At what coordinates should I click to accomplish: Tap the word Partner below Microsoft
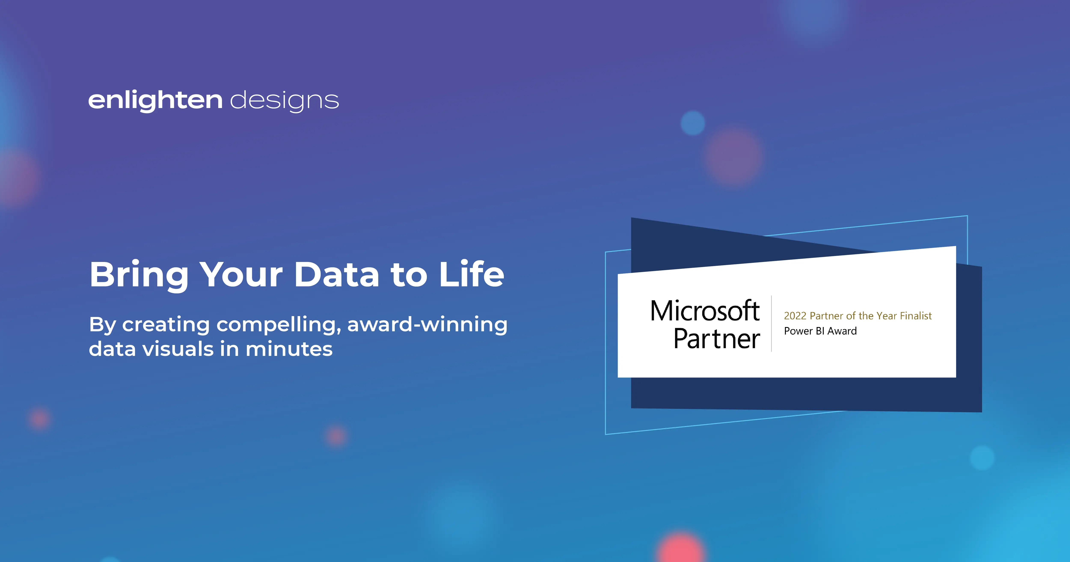pyautogui.click(x=717, y=339)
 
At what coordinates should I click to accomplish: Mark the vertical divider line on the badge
pyautogui.click(x=771, y=324)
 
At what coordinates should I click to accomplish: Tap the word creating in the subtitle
pyautogui.click(x=166, y=325)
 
